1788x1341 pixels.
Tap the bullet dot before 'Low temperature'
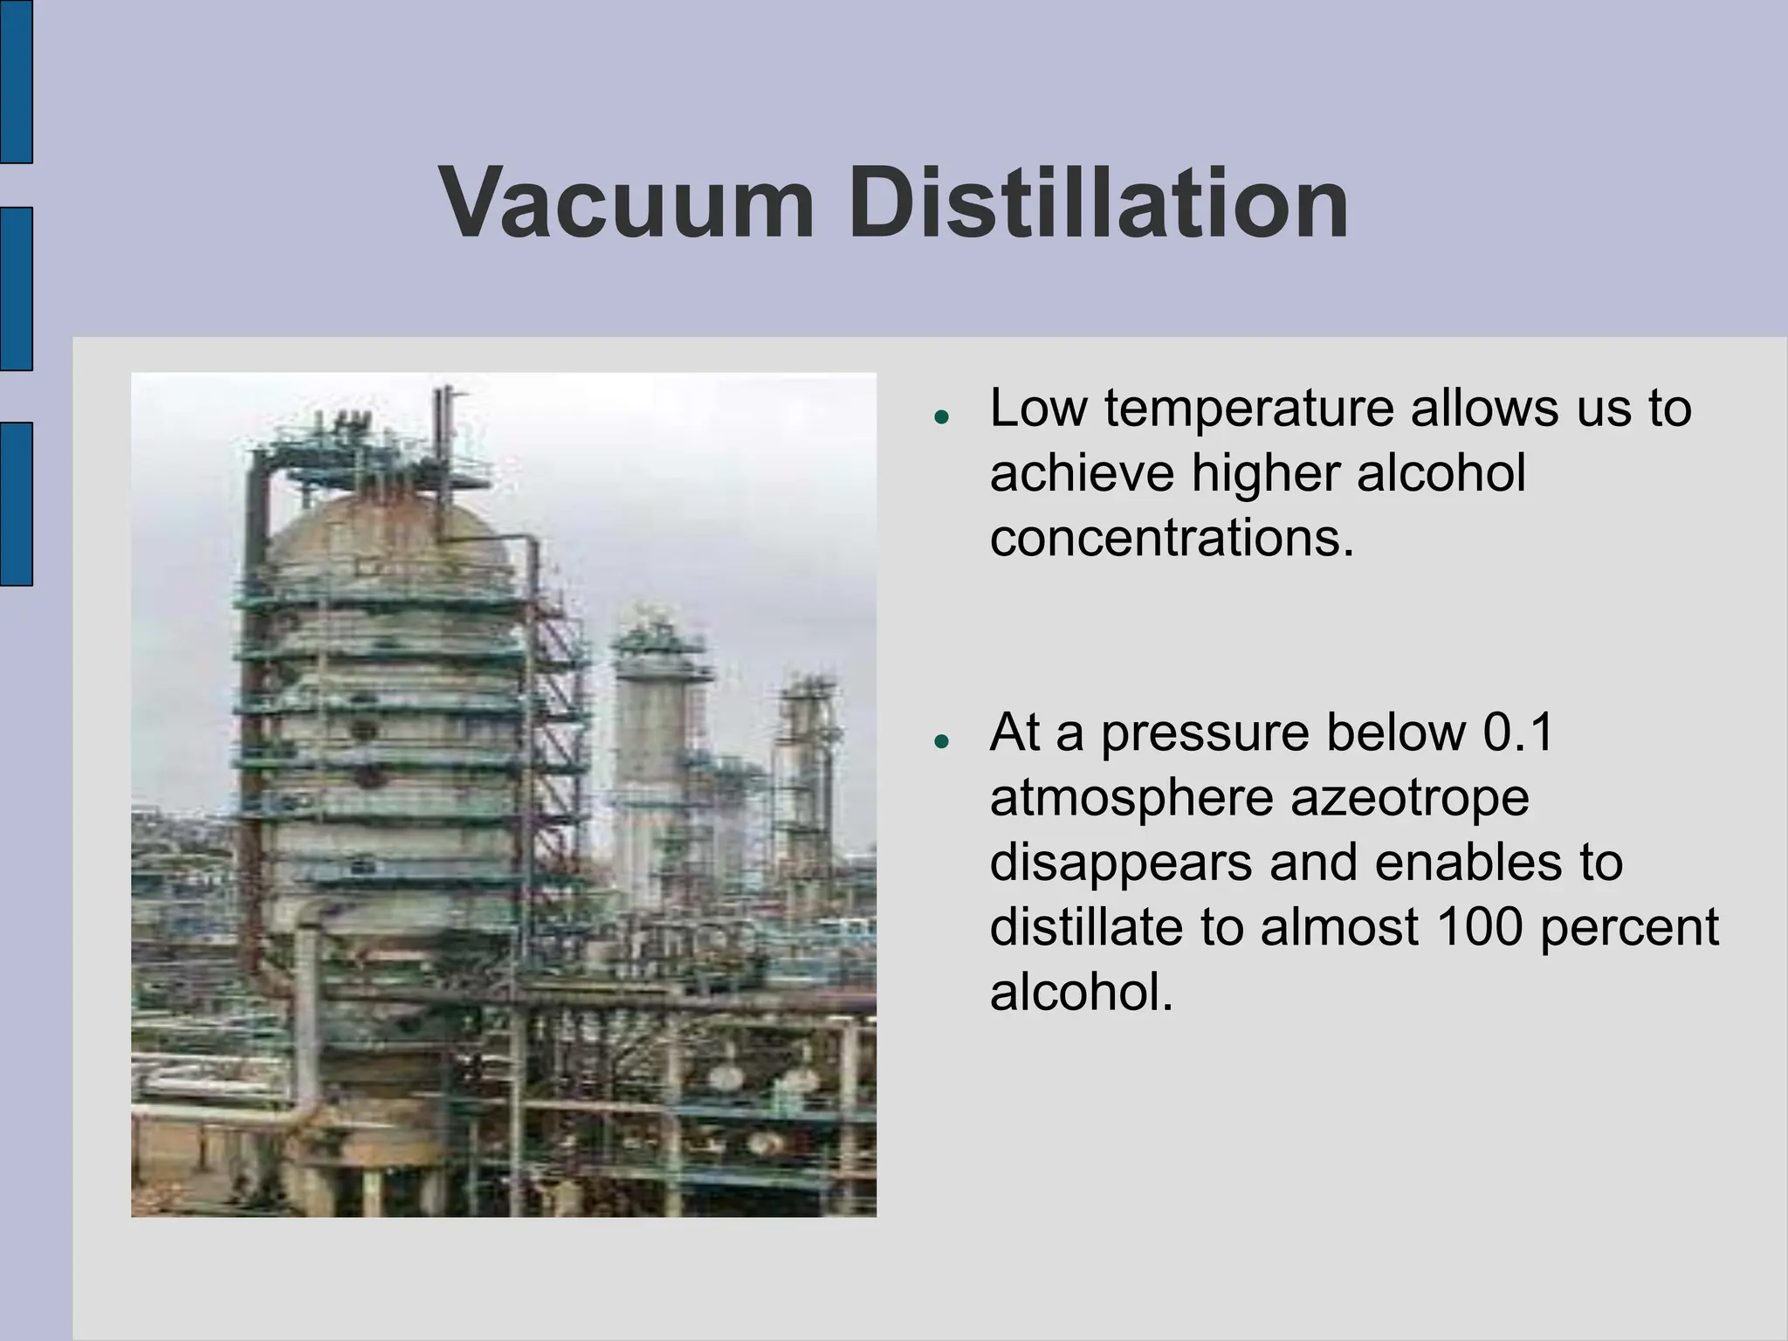941,417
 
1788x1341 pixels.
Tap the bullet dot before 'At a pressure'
941,742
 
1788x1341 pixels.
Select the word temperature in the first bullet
1250,409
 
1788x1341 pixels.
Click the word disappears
1121,863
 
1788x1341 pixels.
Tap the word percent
1629,926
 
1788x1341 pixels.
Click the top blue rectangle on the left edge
16,80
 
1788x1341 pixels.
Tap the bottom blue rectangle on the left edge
16,504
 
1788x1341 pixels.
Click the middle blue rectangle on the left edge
16,289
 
